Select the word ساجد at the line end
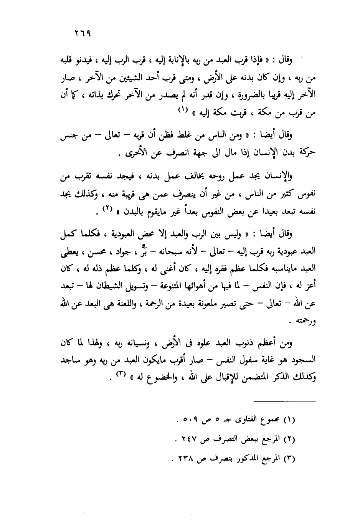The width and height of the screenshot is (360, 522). click(70, 361)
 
